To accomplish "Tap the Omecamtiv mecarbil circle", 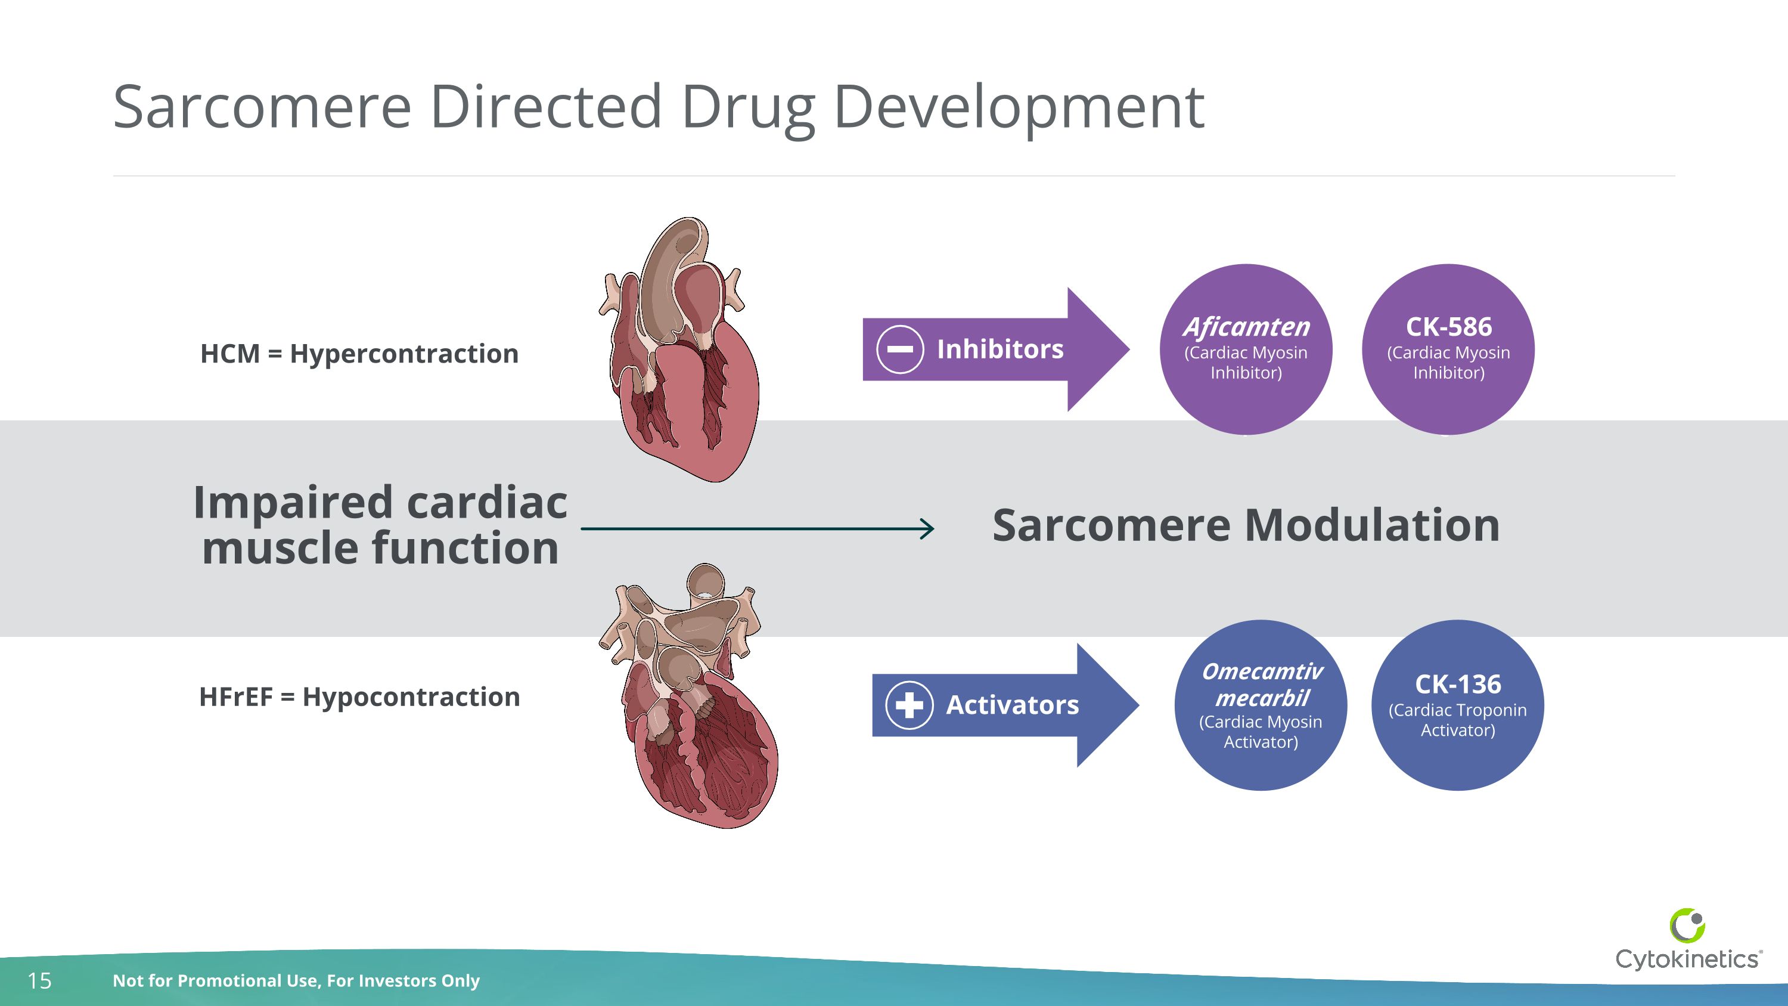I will (1261, 705).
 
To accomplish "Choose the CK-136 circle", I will (1458, 705).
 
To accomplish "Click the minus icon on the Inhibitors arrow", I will (899, 349).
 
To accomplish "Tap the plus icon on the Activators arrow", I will (909, 705).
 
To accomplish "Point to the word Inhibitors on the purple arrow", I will (999, 349).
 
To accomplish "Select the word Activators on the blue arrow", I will (1012, 705).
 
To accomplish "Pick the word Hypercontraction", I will (404, 354).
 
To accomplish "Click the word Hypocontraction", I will (411, 697).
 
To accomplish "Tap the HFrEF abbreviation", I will (235, 697).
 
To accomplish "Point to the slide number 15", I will (39, 980).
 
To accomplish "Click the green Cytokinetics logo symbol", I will (1687, 925).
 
